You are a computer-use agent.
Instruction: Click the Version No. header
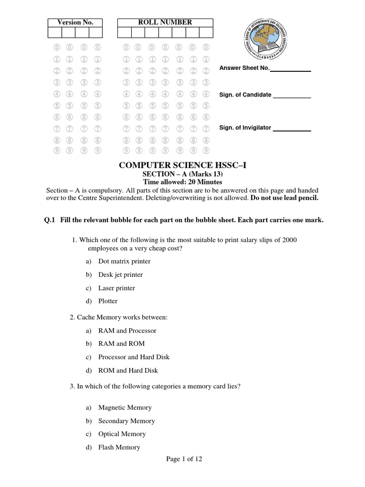[75, 22]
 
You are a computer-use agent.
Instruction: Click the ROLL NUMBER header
[165, 22]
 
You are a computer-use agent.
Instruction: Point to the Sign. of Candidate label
[245, 95]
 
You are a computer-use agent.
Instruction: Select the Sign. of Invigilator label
[245, 127]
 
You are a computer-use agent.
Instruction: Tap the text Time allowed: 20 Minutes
[183, 182]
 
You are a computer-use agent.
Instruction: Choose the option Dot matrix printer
[124, 261]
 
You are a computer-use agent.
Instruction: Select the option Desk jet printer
[120, 274]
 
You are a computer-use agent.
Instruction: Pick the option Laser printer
[116, 288]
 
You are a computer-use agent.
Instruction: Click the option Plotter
[108, 301]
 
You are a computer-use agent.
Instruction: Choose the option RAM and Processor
[127, 331]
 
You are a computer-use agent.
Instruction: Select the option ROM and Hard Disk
[128, 370]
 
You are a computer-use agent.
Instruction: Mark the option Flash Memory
[119, 447]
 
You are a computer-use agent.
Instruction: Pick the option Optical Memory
[122, 434]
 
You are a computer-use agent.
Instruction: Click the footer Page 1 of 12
[184, 459]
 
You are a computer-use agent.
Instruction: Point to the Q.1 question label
[50, 220]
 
